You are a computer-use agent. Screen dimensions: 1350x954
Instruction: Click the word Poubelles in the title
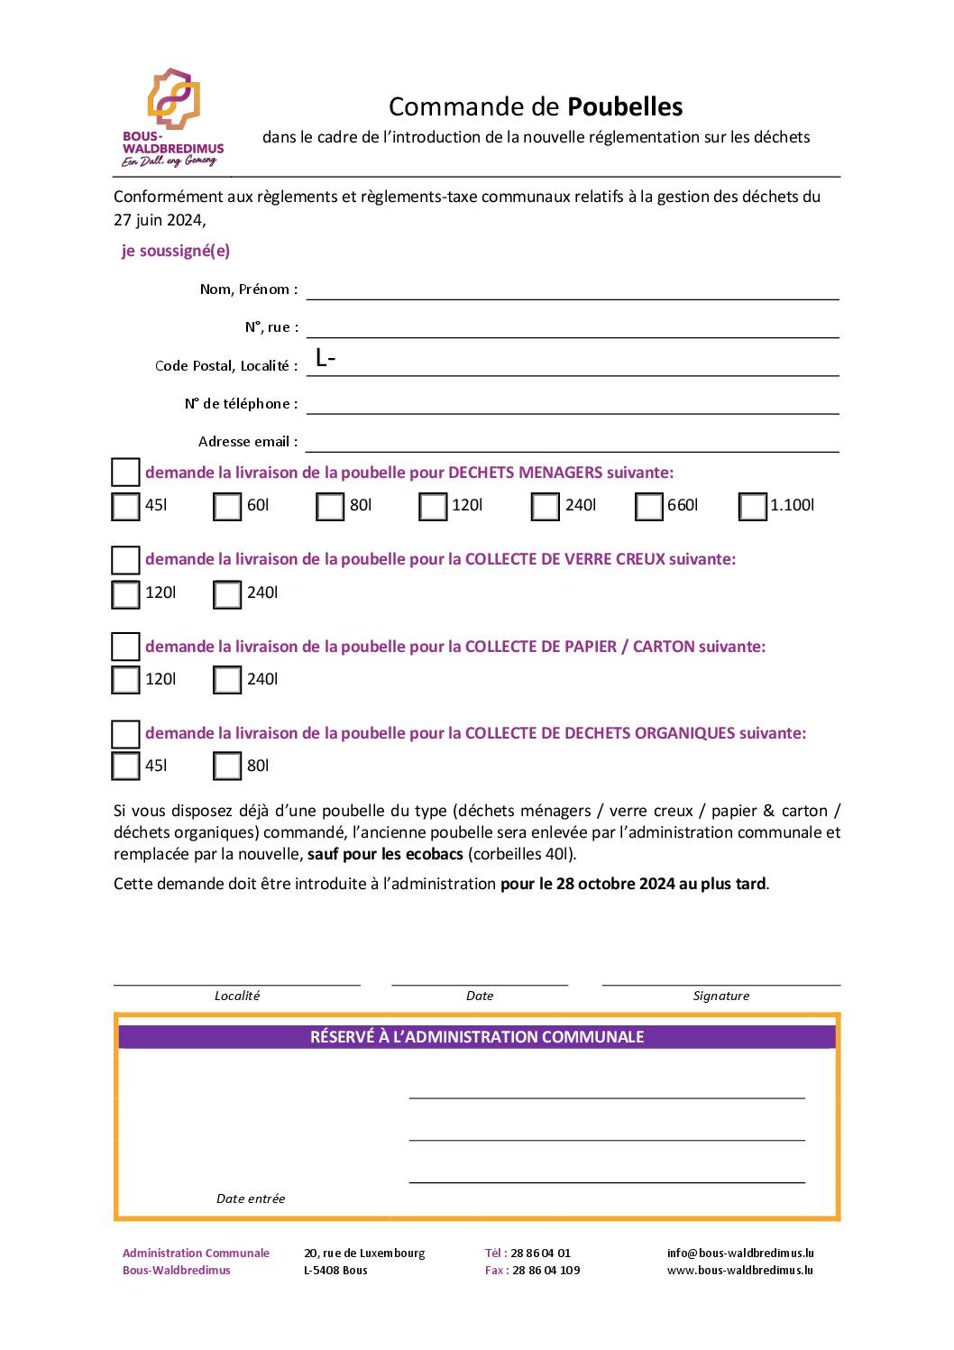[625, 107]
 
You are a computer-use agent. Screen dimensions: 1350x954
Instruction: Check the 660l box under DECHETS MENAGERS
[648, 507]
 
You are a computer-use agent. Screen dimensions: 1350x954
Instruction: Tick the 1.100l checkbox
[752, 507]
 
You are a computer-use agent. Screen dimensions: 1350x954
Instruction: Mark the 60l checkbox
[227, 507]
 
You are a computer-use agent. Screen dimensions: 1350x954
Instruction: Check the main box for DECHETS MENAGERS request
[125, 473]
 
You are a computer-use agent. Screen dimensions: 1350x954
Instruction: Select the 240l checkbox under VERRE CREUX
[227, 594]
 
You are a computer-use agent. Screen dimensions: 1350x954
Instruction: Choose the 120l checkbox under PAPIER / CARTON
[125, 680]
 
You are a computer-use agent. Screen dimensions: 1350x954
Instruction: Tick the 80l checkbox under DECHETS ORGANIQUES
[227, 767]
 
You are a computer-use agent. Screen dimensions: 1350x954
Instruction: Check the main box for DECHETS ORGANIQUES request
[125, 734]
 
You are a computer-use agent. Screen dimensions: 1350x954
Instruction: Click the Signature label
[720, 996]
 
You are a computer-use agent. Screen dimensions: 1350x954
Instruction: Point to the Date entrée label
[251, 1198]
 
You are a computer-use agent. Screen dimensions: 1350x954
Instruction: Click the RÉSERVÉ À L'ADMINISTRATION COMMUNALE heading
[477, 1037]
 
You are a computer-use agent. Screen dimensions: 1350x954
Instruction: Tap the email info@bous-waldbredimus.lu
[740, 1253]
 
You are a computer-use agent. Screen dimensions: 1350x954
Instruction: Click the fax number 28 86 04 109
[546, 1270]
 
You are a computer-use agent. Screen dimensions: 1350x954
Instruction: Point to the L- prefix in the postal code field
[326, 358]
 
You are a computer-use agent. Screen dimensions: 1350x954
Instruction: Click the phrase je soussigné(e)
[176, 251]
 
